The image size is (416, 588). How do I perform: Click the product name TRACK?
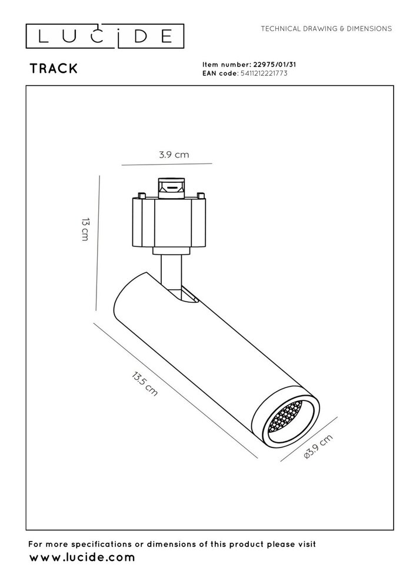pos(54,68)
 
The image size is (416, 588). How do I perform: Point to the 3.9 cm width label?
pos(174,155)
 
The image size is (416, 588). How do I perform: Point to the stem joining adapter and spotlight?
pos(171,272)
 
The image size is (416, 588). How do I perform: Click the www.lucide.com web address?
pos(82,557)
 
